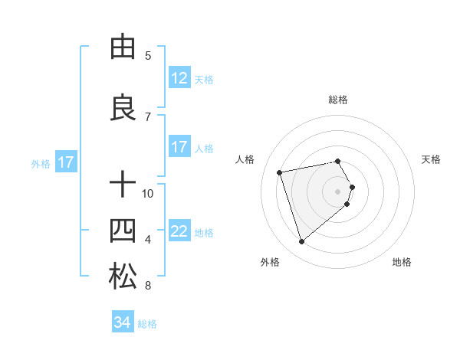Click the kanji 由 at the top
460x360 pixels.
[x=122, y=47]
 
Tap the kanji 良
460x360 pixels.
[x=122, y=107]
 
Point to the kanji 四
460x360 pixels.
[x=122, y=230]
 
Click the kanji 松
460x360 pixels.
[x=122, y=276]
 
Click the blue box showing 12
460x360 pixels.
[x=179, y=78]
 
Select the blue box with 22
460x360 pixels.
[x=179, y=231]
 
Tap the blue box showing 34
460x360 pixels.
[x=122, y=322]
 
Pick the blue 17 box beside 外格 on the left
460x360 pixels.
[x=65, y=162]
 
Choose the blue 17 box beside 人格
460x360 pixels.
[x=179, y=147]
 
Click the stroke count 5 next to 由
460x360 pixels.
[x=148, y=55]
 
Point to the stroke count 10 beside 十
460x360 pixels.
[x=148, y=193]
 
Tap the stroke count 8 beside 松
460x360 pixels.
[x=148, y=286]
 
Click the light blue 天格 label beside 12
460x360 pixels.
[x=204, y=79]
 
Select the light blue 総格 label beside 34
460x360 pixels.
[x=147, y=323]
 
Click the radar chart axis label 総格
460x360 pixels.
[x=337, y=100]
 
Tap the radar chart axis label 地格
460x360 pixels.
[x=402, y=262]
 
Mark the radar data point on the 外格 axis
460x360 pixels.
[x=301, y=242]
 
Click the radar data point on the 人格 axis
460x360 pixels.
[x=280, y=172]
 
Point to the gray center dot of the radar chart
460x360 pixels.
[x=337, y=191]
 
